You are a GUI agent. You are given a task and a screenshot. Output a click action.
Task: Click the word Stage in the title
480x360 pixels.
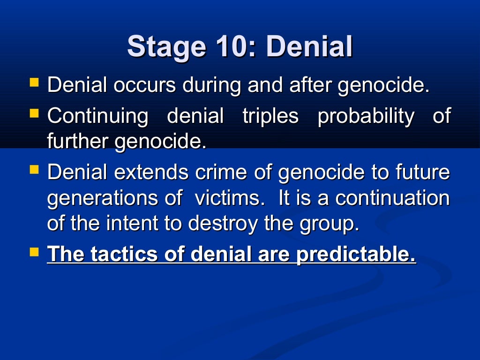164,47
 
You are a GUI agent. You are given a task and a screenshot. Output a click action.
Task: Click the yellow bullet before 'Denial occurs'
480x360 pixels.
34,83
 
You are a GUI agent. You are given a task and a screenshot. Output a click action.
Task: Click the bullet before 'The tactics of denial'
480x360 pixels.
34,252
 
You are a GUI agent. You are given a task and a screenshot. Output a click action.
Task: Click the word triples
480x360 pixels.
270,116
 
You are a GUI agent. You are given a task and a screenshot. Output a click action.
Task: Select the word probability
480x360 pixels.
366,116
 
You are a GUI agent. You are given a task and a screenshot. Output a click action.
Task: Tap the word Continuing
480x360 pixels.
97,116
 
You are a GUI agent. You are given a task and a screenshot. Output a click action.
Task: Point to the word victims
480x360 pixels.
227,198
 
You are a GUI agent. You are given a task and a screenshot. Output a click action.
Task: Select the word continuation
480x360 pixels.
392,198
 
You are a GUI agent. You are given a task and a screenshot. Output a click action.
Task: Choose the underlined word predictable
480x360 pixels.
356,255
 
